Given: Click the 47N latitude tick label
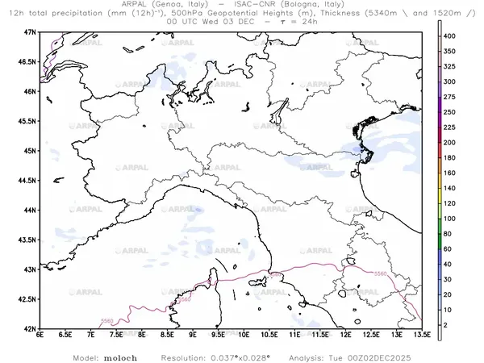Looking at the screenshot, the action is (31, 31).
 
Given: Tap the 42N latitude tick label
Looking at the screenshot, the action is (31, 329).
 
